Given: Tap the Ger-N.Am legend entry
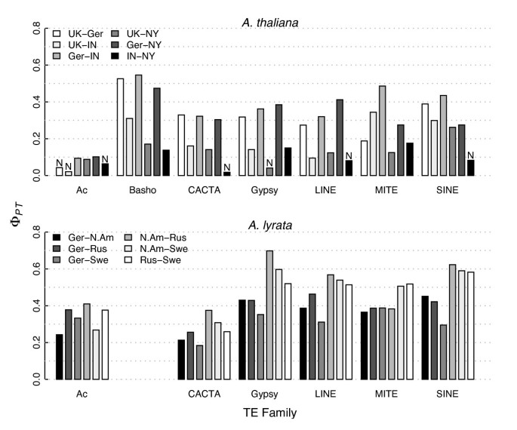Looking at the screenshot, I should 79,238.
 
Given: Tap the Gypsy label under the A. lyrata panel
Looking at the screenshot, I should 265,393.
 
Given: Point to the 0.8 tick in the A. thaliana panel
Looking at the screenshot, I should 35,28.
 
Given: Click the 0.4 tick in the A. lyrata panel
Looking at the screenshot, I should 35,306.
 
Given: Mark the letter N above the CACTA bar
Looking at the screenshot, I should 227,166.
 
